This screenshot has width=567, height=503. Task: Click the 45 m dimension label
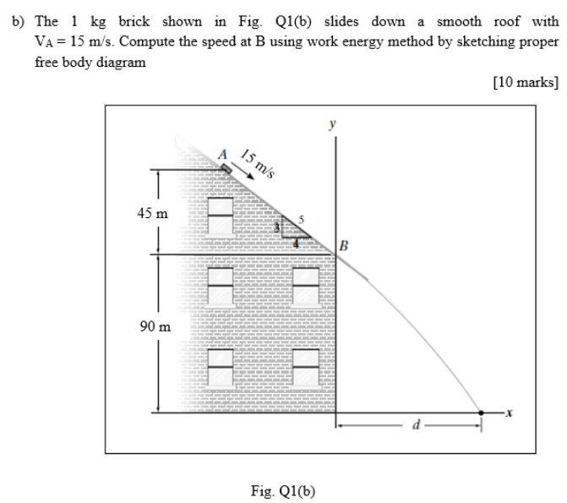point(153,214)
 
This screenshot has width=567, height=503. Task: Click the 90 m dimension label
point(153,325)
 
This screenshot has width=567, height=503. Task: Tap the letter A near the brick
point(222,155)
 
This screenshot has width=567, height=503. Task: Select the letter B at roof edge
point(344,246)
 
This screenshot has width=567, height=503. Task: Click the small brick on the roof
point(226,168)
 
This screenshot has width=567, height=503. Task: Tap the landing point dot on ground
point(482,413)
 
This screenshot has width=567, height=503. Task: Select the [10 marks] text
point(527,82)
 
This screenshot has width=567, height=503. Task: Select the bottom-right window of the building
point(305,366)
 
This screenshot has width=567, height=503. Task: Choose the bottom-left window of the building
point(221,366)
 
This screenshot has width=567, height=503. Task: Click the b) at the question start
point(18,20)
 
